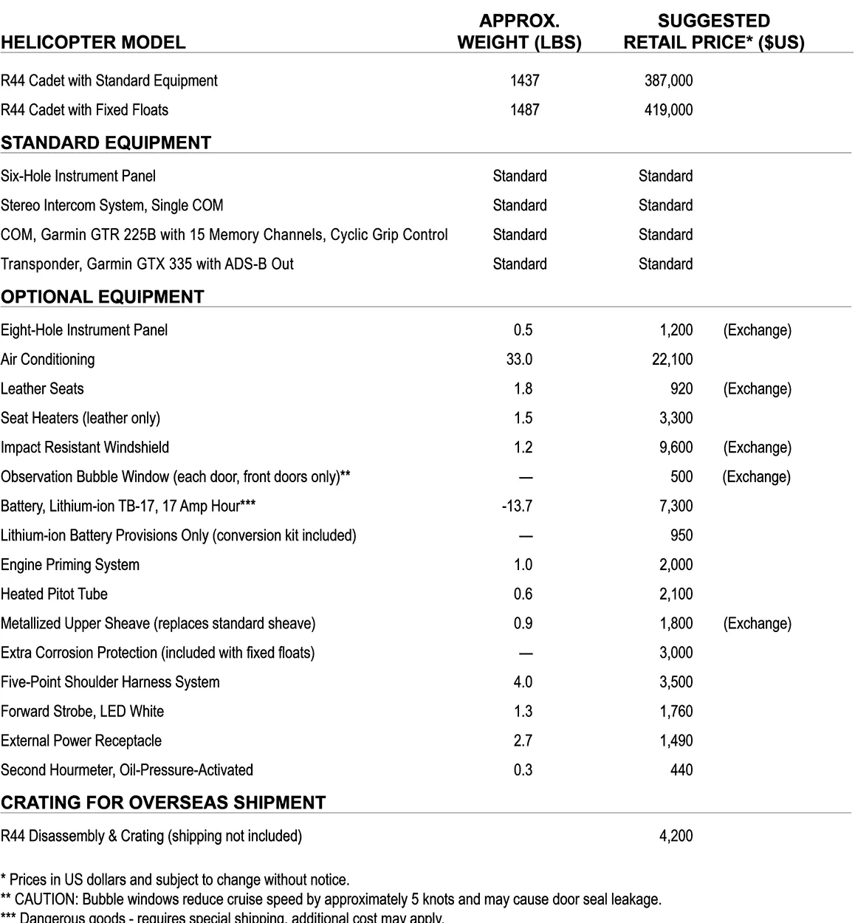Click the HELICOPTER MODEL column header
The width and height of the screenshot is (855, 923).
pos(93,42)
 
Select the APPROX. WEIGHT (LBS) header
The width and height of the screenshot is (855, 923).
pos(519,32)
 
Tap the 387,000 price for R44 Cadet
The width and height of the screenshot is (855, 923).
pos(668,80)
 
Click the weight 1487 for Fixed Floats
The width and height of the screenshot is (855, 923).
pos(524,110)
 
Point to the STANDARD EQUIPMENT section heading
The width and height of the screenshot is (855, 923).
pos(106,143)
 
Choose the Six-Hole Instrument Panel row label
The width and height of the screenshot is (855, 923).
pos(78,176)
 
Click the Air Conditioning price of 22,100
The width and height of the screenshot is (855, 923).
pos(672,360)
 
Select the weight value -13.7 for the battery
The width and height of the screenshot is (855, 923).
pos(516,506)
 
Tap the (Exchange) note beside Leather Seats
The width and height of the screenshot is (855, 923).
pos(757,389)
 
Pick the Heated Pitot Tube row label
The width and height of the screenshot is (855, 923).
pos(54,594)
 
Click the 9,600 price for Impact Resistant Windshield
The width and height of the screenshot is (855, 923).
pos(676,447)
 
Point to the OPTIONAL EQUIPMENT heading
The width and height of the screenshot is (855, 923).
pos(102,297)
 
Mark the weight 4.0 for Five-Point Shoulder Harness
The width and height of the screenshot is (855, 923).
pos(523,682)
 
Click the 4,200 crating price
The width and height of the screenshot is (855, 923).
pos(676,836)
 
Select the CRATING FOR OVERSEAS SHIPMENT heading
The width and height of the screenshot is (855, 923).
pos(163,803)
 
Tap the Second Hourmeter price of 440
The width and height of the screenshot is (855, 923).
pos(681,770)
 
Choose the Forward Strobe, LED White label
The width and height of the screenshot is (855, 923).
pos(82,712)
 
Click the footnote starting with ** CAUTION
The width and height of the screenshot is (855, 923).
pos(331,899)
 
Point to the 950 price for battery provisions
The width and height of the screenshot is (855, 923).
pos(681,535)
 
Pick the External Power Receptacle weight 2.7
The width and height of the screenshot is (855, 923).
pos(523,741)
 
